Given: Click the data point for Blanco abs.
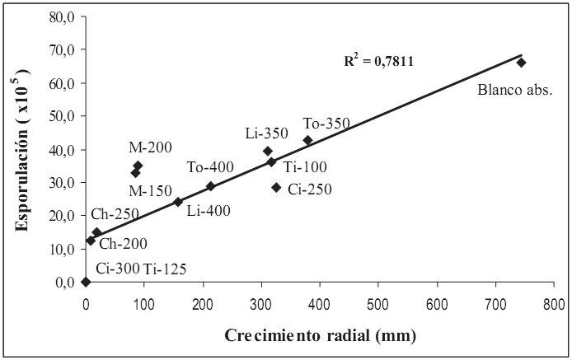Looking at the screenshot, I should [x=521, y=63].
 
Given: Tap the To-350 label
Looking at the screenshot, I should [x=326, y=124].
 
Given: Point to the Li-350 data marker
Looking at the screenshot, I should [x=268, y=151].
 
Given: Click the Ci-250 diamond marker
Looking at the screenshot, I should [x=276, y=188].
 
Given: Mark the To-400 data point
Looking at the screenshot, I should [x=210, y=186].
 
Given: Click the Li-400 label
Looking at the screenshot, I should [x=209, y=211].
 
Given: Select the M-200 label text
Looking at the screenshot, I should [x=150, y=147].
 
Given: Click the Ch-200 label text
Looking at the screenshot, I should [x=123, y=245].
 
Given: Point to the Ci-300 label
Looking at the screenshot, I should [x=117, y=268].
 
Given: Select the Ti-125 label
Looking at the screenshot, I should [x=165, y=268].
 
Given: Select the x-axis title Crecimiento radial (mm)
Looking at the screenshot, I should [x=321, y=336].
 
